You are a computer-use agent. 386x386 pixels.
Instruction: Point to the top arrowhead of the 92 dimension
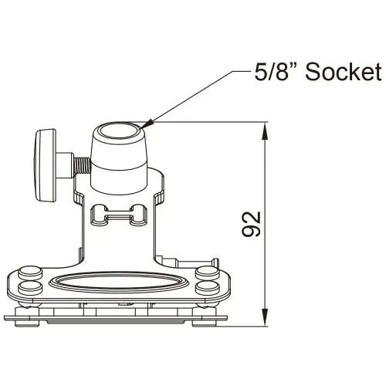click(x=266, y=130)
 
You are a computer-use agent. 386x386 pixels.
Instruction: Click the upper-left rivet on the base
click(x=29, y=273)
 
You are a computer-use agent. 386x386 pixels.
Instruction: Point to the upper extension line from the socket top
click(x=208, y=122)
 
